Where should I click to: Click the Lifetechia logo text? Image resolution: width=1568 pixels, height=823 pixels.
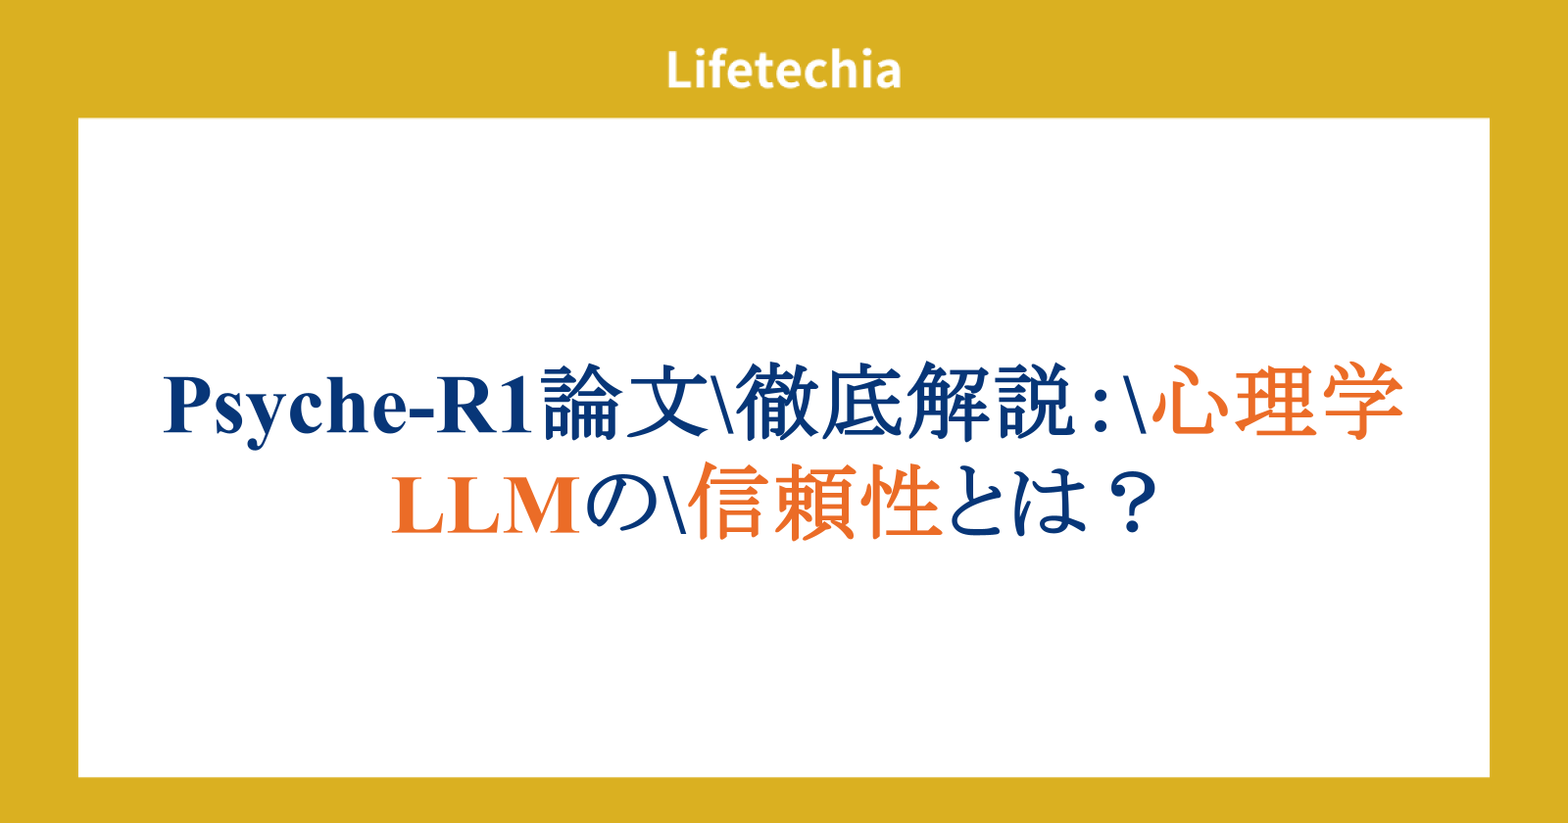point(783,70)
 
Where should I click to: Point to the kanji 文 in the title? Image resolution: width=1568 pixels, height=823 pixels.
point(667,402)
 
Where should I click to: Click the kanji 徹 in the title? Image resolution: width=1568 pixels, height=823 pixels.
point(776,402)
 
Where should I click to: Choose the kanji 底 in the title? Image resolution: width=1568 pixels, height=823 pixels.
point(862,402)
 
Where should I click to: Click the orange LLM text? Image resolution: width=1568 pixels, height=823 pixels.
point(486,506)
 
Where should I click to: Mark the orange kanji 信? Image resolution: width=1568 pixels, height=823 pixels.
point(729,501)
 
